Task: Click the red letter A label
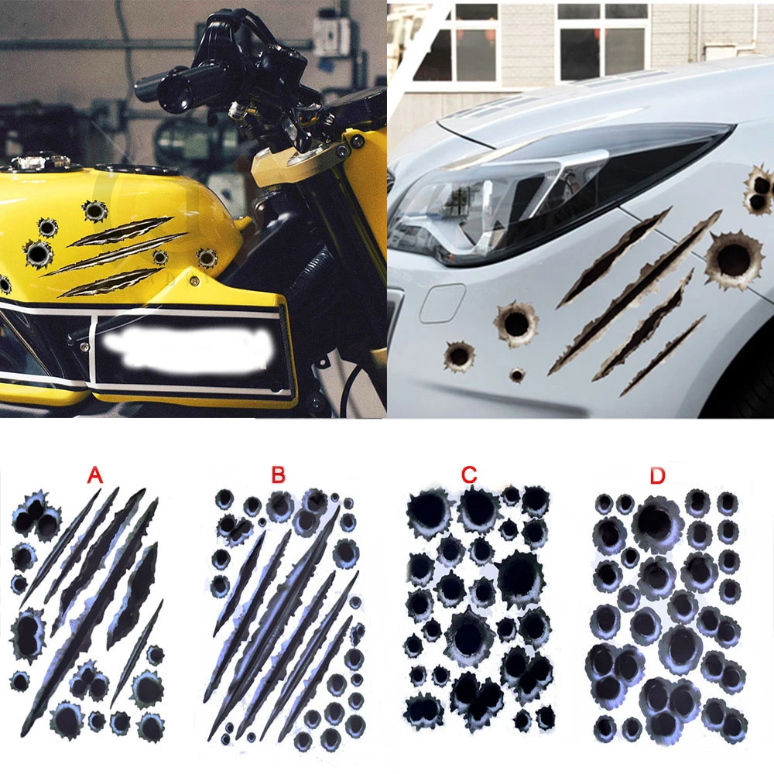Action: (94, 475)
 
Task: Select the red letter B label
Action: (278, 475)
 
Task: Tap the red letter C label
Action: (469, 475)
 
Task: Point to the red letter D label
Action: (657, 475)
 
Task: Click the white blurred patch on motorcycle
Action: (187, 351)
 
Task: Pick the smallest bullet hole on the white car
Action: (517, 375)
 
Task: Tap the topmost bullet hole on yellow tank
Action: (94, 211)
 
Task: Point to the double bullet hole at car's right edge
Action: (759, 190)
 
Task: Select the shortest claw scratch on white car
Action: (663, 355)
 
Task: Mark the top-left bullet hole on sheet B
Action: (224, 499)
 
